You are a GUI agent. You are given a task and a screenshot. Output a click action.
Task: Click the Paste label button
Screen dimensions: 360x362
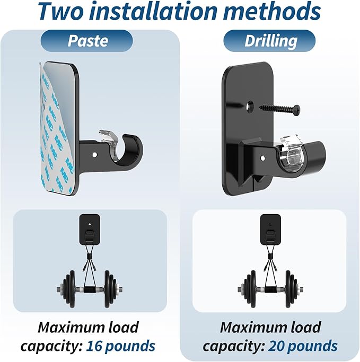[86, 41]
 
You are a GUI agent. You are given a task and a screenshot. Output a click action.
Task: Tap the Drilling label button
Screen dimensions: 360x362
[269, 41]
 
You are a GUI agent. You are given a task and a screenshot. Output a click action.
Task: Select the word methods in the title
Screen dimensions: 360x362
[272, 11]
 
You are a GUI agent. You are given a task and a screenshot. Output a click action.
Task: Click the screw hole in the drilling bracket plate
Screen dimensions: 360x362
[250, 105]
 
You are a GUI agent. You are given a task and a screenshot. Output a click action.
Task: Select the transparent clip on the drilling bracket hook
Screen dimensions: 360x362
[292, 152]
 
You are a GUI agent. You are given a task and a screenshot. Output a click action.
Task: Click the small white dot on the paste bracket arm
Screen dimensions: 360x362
[94, 154]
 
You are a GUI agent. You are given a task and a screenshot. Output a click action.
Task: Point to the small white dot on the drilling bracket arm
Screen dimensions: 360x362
[262, 158]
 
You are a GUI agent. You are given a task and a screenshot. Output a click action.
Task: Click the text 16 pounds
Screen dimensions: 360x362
[120, 346]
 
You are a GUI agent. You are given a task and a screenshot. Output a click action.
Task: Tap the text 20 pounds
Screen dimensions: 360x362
[303, 346]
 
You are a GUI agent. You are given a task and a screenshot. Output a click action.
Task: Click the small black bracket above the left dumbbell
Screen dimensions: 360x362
[90, 229]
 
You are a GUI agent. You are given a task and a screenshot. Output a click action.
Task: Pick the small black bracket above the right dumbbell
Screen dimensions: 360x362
[270, 229]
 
